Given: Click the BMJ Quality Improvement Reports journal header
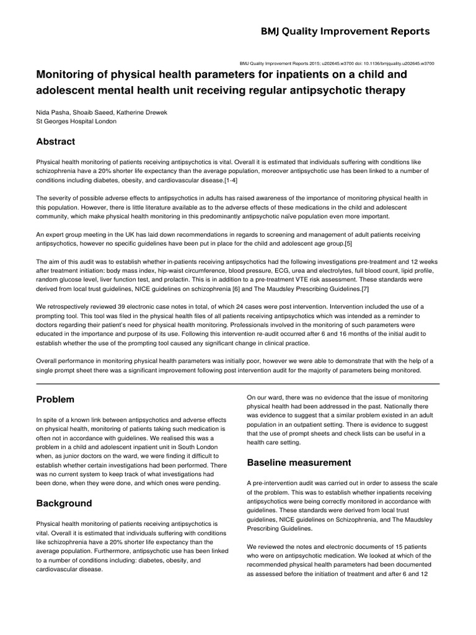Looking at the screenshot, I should pos(346,32).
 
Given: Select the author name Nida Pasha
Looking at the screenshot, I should pos(54,112).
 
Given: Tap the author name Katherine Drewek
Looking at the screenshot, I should pos(146,112).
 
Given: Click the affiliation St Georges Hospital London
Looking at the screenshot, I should pos(77,122).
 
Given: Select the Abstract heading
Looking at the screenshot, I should pos(56,141).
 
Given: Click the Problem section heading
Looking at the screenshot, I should pos(55,399).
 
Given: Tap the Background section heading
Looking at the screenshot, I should pos(64,503).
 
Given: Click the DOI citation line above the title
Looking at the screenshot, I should pos(336,63).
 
